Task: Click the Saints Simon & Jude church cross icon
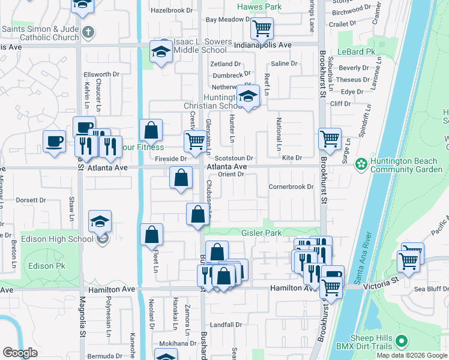click(x=88, y=32)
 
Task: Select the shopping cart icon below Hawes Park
click(x=262, y=28)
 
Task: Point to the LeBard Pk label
click(x=356, y=52)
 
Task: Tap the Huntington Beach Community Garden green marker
click(x=361, y=163)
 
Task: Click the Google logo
click(x=20, y=353)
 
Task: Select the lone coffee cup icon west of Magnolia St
click(x=54, y=142)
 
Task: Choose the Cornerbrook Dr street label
click(x=291, y=187)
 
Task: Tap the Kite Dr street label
click(x=291, y=158)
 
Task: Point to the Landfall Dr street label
click(x=226, y=325)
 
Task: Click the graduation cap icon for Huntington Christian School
click(x=247, y=97)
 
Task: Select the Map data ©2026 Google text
click(x=411, y=355)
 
